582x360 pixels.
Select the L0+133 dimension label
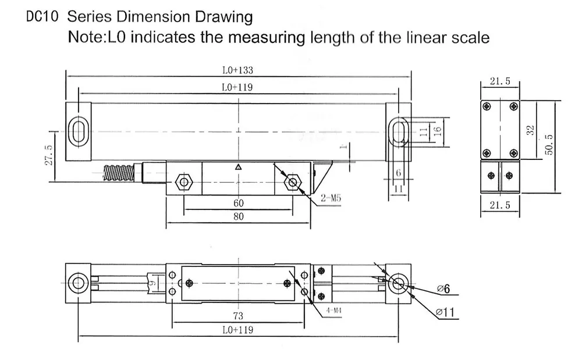click(237, 70)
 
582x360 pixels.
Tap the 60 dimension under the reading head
click(238, 204)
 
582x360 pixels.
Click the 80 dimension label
click(238, 216)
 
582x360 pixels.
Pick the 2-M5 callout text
click(330, 199)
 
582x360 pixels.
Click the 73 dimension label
click(237, 316)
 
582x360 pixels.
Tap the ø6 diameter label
click(443, 289)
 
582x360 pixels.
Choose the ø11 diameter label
click(445, 313)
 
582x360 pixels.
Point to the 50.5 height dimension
click(549, 145)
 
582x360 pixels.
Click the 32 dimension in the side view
click(530, 130)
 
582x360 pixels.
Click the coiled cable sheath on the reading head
click(119, 173)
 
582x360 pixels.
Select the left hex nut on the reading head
click(184, 183)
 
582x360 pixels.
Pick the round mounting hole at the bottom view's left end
click(77, 284)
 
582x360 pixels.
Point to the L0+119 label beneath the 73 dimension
click(237, 329)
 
